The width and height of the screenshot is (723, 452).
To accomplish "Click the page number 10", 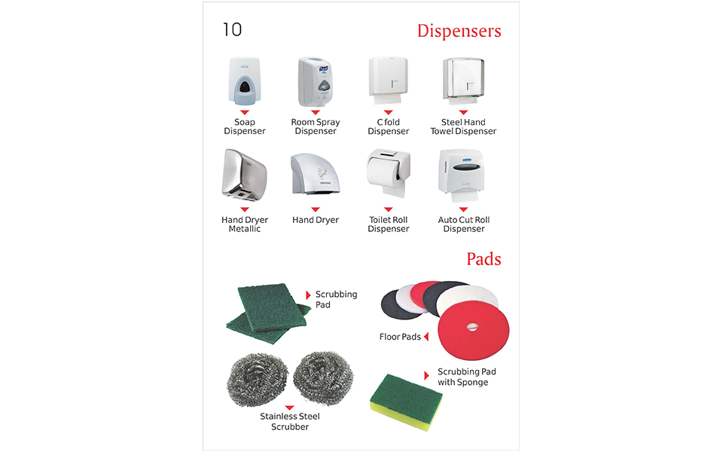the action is [x=233, y=29].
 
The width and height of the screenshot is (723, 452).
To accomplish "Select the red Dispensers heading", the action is [x=459, y=31].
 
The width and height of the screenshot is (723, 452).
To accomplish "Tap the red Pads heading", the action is [x=484, y=259].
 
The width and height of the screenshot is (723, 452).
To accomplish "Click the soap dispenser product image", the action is [x=244, y=81].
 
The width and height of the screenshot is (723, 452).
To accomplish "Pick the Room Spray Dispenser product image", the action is [x=316, y=81].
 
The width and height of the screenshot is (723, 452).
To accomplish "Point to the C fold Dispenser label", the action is [x=389, y=127].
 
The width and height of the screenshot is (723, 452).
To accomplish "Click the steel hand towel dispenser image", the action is [x=463, y=81].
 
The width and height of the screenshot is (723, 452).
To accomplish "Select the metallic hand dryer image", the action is [x=244, y=175].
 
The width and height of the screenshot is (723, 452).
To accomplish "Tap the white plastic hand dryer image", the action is [x=316, y=173].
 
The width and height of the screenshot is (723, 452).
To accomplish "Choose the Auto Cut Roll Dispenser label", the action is [x=464, y=224].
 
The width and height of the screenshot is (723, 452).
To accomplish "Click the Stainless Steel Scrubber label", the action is [x=289, y=422].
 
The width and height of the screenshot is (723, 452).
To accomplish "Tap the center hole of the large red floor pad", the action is [x=472, y=327].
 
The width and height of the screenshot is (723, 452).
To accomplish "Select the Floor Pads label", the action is [x=400, y=337].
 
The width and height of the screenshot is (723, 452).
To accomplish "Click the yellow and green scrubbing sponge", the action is [x=406, y=402].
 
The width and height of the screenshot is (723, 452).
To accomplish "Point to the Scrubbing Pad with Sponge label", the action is [x=467, y=377].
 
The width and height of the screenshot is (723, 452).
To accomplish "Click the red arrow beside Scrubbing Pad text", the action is [x=309, y=295].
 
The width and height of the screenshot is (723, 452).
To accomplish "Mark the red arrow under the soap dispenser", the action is [x=244, y=112].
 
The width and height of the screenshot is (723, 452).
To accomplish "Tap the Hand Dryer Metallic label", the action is [x=244, y=224].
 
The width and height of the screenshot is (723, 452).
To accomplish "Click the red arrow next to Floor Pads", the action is [x=426, y=337].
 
